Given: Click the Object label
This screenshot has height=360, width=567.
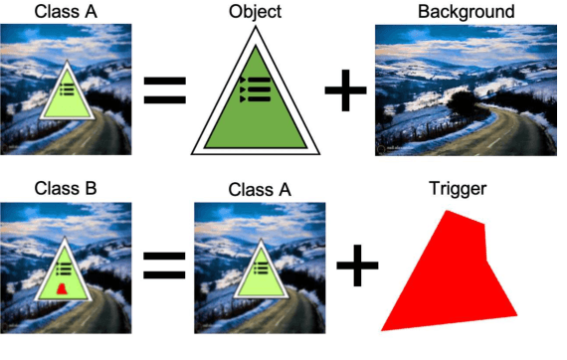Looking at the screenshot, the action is click(255, 13).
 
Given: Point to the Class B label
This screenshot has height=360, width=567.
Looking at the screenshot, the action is click(64, 188).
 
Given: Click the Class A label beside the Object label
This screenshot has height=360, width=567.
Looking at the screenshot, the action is click(64, 13).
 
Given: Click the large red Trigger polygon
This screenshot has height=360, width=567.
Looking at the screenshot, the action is click(453, 278).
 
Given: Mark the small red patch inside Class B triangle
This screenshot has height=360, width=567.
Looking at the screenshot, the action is click(62, 289).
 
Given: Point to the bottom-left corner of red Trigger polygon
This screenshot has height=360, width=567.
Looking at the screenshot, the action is click(383, 328).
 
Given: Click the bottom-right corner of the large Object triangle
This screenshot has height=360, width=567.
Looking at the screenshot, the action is click(319, 152).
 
